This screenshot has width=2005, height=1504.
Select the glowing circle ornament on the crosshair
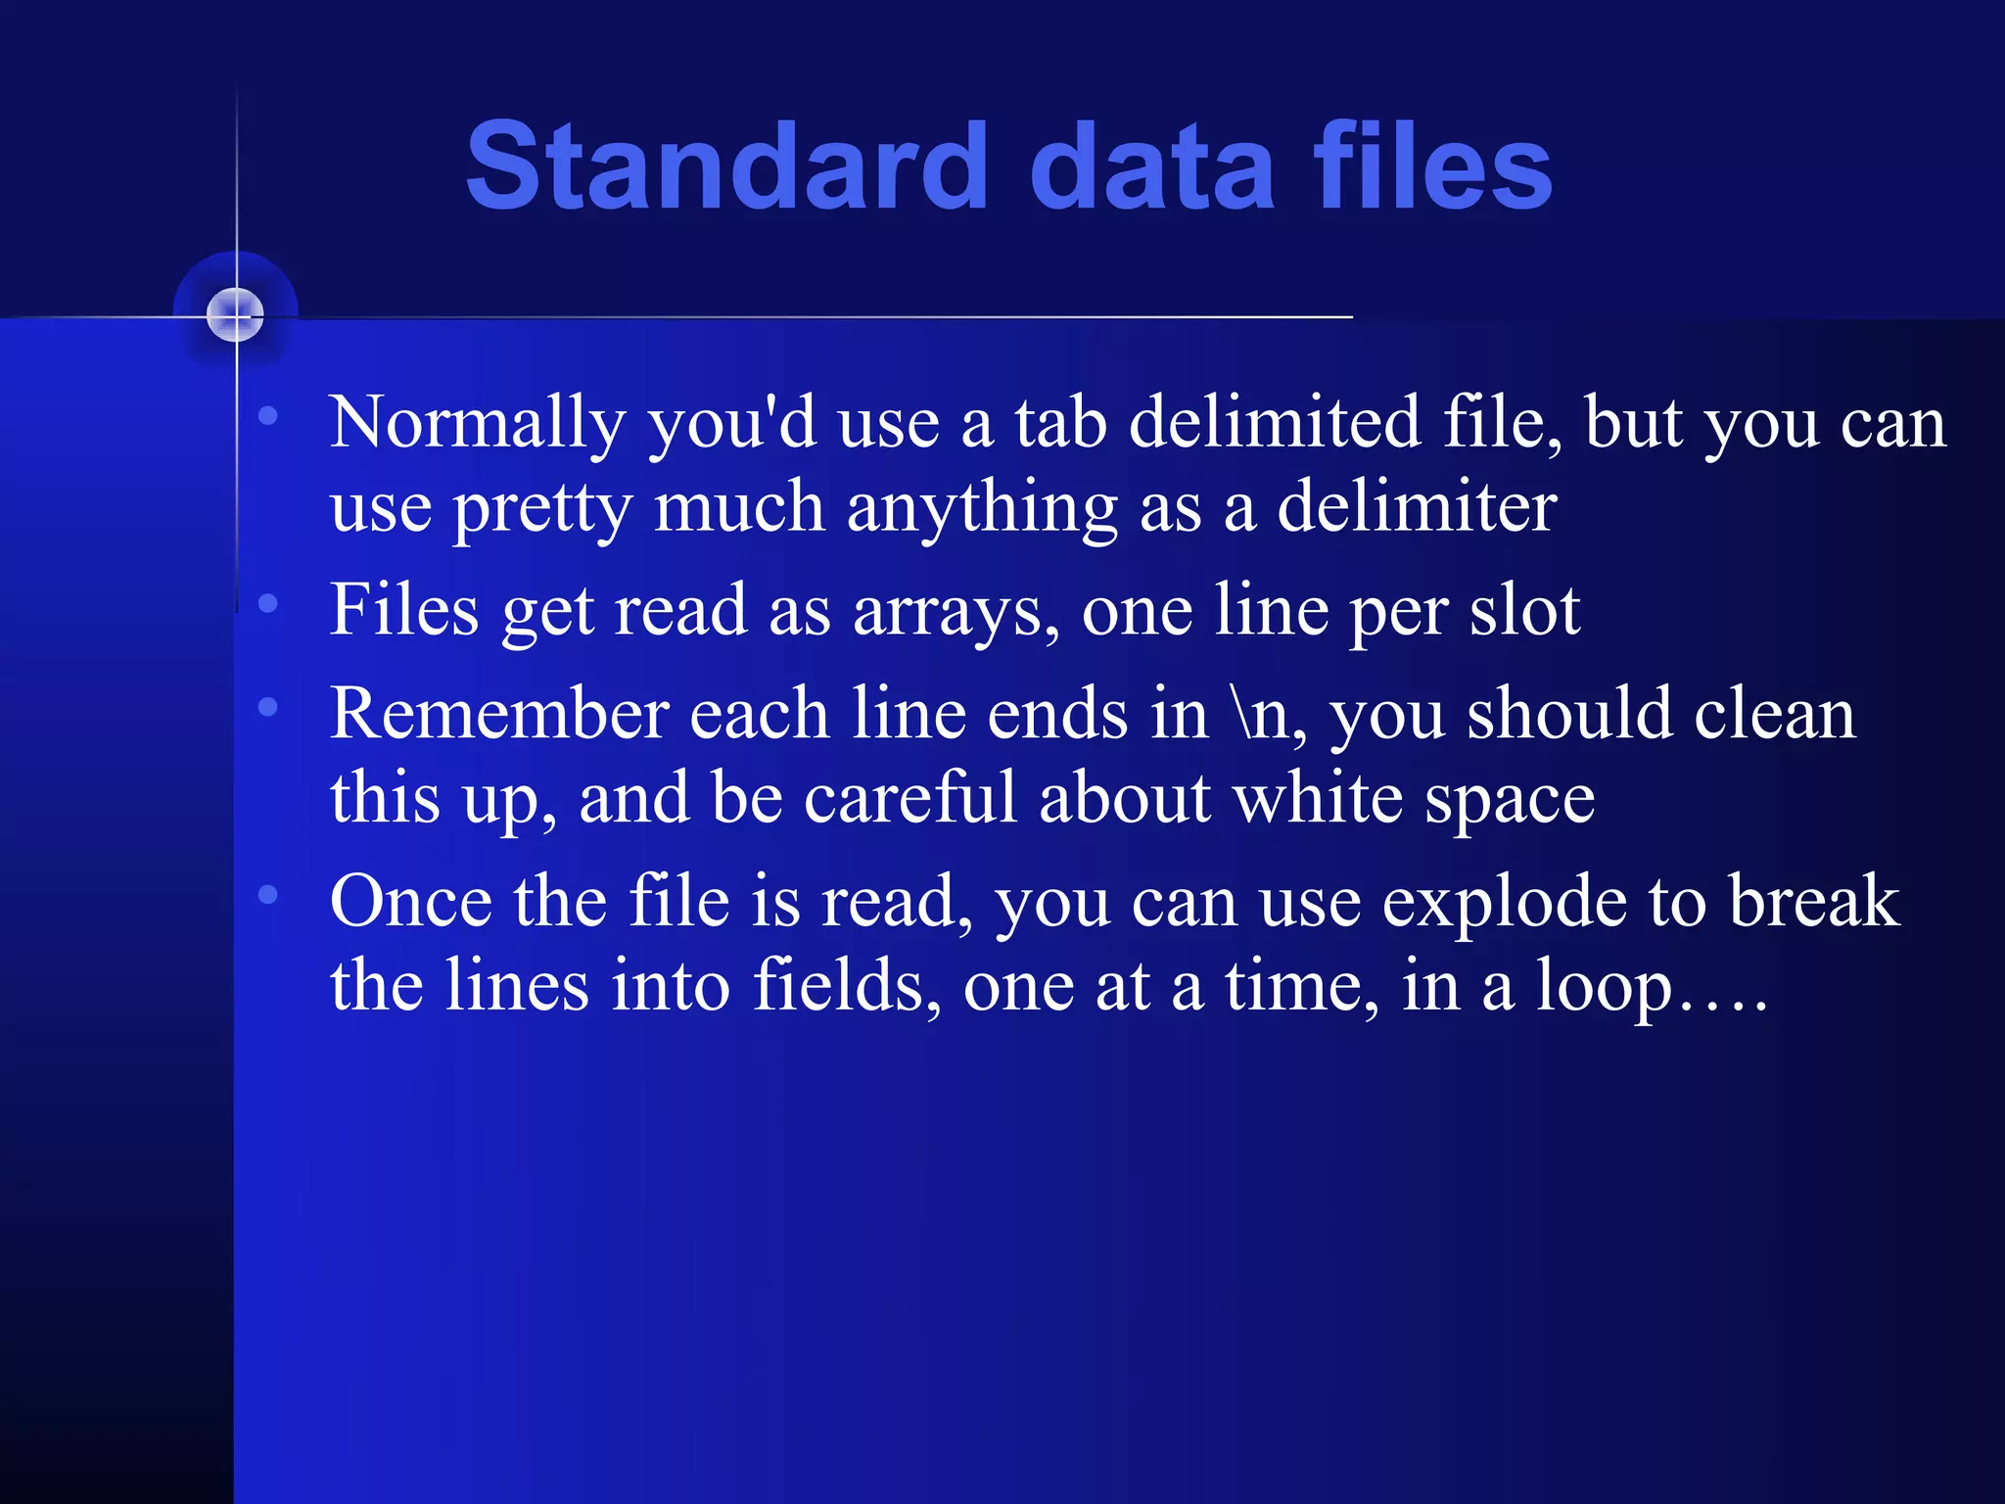235,314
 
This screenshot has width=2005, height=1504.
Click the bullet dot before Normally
268,417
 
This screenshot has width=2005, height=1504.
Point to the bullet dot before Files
268,604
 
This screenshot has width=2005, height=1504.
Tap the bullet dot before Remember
268,707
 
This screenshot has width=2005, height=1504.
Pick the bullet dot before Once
268,894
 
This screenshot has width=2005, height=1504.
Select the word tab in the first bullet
1059,423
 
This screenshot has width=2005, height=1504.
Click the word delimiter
1417,507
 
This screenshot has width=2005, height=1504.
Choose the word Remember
499,714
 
